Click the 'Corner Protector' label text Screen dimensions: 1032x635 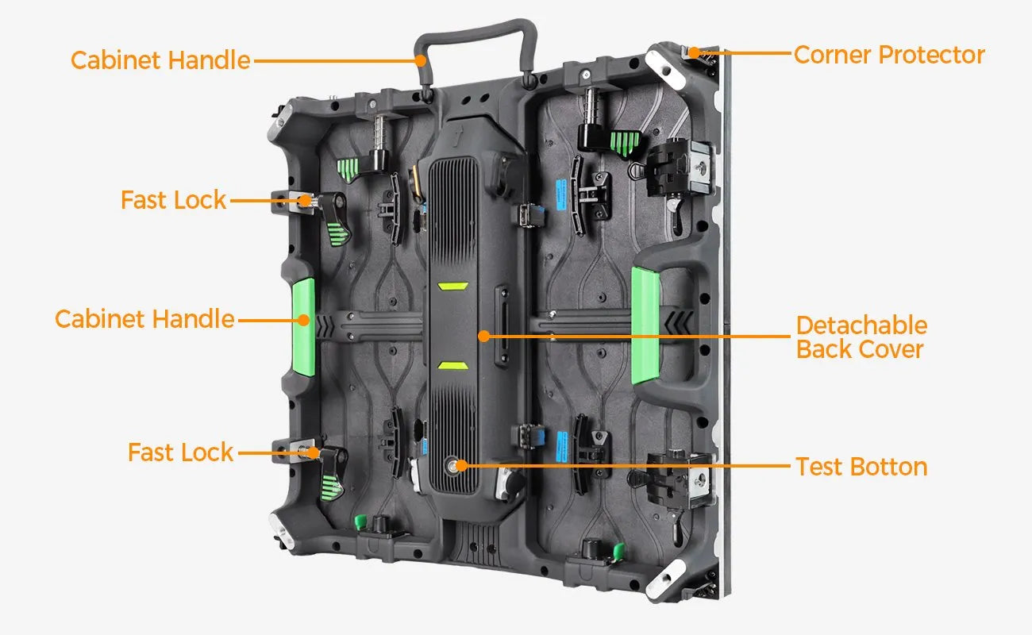(x=889, y=56)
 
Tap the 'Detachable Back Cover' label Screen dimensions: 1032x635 (x=861, y=337)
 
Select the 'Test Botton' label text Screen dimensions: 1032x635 (x=861, y=467)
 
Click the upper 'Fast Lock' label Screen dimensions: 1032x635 (x=173, y=200)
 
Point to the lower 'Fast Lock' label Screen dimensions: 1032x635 (x=181, y=452)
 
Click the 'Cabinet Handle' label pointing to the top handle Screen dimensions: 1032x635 (x=160, y=60)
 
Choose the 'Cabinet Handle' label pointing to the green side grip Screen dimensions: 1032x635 (x=144, y=319)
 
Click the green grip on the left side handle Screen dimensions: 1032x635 (x=304, y=327)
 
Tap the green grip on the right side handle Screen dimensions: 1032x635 (x=645, y=325)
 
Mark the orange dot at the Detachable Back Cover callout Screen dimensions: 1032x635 (x=483, y=336)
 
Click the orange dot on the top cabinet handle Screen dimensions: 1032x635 (x=420, y=60)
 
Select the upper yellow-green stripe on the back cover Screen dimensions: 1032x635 (x=452, y=287)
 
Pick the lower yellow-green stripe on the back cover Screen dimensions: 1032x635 (x=452, y=365)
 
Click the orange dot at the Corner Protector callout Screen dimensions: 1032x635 (x=695, y=53)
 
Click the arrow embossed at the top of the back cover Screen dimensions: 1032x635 (x=457, y=136)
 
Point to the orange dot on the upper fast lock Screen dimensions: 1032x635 (x=305, y=201)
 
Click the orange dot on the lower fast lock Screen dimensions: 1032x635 (x=314, y=453)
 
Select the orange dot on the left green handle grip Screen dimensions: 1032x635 (x=303, y=320)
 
